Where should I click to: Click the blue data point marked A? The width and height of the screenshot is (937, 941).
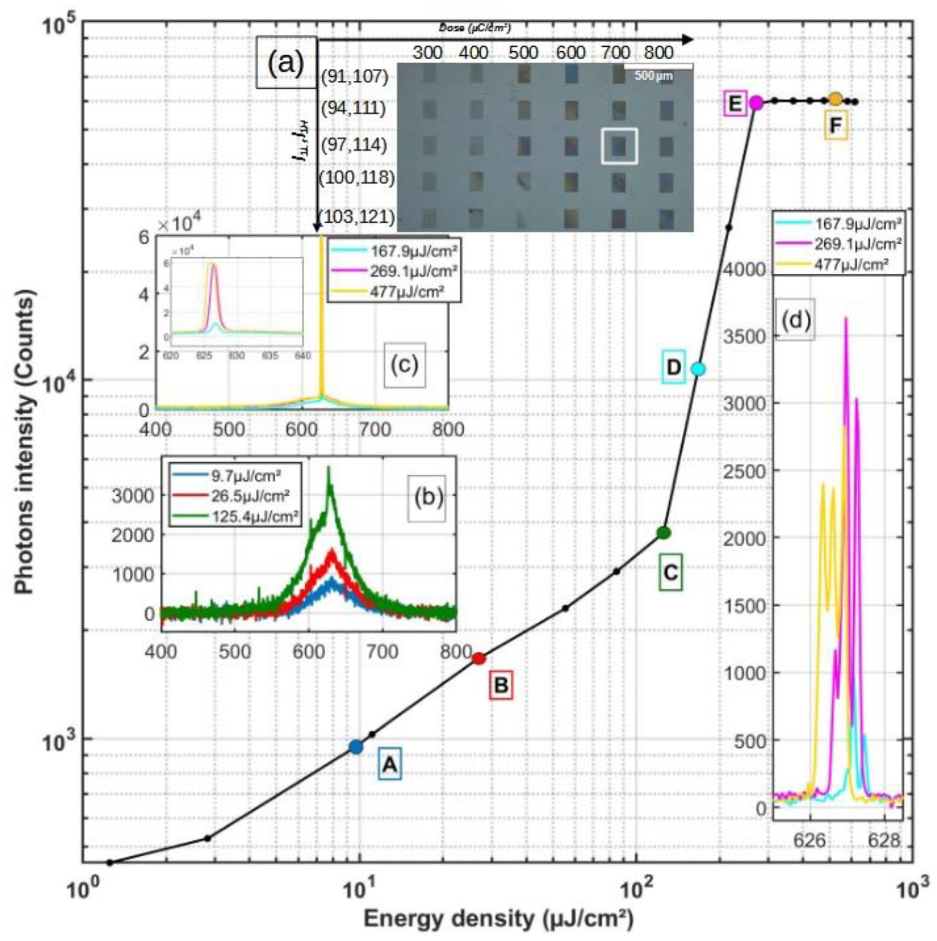tap(356, 746)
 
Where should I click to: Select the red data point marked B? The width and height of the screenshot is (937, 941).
tap(479, 659)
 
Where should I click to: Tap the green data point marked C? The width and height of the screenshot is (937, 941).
tap(664, 533)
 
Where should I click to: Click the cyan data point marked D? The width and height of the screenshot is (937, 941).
tap(698, 369)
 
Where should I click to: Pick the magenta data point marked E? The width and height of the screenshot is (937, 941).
tap(756, 103)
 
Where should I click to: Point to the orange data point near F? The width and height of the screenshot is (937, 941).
tap(835, 99)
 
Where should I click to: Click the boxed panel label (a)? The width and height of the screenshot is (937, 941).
tap(287, 63)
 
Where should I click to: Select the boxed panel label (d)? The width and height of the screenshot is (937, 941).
tap(795, 322)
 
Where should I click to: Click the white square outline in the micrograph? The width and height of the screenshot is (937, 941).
tap(619, 146)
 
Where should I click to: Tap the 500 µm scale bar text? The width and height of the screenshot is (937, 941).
tap(653, 76)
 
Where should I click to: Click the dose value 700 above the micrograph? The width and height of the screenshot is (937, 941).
tap(615, 53)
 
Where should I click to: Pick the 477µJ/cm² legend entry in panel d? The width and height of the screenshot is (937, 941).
tap(852, 264)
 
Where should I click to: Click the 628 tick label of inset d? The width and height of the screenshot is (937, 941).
tap(884, 840)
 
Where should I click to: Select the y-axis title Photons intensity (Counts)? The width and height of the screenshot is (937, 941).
tap(25, 441)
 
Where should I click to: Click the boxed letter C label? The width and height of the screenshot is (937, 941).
tap(670, 572)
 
